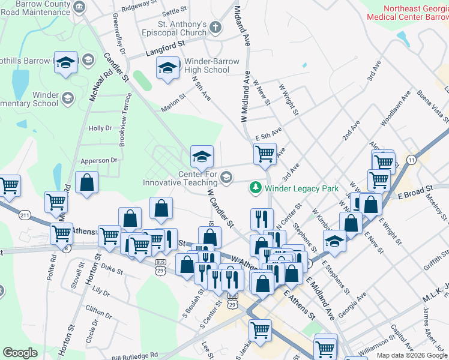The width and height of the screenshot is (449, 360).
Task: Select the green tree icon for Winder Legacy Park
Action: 255,188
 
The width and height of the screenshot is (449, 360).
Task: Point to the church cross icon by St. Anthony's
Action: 215,28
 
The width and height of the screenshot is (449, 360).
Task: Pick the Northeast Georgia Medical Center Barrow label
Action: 415,13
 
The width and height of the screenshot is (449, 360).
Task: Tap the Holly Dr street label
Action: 100,128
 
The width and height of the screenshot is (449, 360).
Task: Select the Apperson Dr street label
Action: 100,161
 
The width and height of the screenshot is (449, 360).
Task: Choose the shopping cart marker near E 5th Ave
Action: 265,154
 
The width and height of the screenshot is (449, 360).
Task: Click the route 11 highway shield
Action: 411,159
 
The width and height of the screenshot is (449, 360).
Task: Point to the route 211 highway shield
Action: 25,215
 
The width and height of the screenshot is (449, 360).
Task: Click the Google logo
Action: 20,353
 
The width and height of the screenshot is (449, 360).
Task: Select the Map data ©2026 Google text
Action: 411,355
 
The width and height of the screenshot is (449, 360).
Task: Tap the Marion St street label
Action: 174,104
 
